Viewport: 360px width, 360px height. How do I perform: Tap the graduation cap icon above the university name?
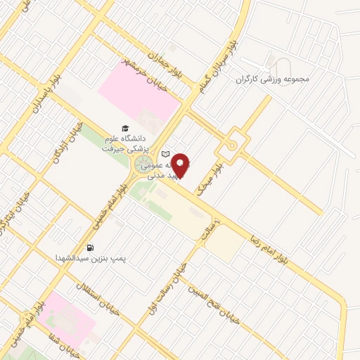(x=125, y=129)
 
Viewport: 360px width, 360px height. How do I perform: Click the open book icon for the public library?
(x=166, y=154)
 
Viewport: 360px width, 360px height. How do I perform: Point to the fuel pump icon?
(x=90, y=247)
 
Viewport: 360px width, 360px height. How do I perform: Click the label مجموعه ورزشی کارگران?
(x=275, y=79)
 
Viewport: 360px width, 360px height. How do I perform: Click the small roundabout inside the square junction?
(x=231, y=146)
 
